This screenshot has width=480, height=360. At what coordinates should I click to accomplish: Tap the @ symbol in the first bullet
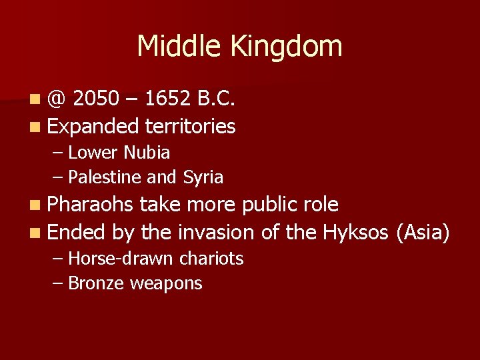click(x=57, y=100)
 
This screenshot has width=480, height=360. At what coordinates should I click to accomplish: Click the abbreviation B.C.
click(x=216, y=99)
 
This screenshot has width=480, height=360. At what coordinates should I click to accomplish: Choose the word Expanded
click(x=93, y=127)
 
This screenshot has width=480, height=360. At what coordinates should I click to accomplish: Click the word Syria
click(x=202, y=178)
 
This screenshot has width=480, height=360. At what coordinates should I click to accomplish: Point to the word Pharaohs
click(x=91, y=204)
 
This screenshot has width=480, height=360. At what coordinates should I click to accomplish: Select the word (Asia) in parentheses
click(x=423, y=232)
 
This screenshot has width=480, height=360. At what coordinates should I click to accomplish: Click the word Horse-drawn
click(x=119, y=258)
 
